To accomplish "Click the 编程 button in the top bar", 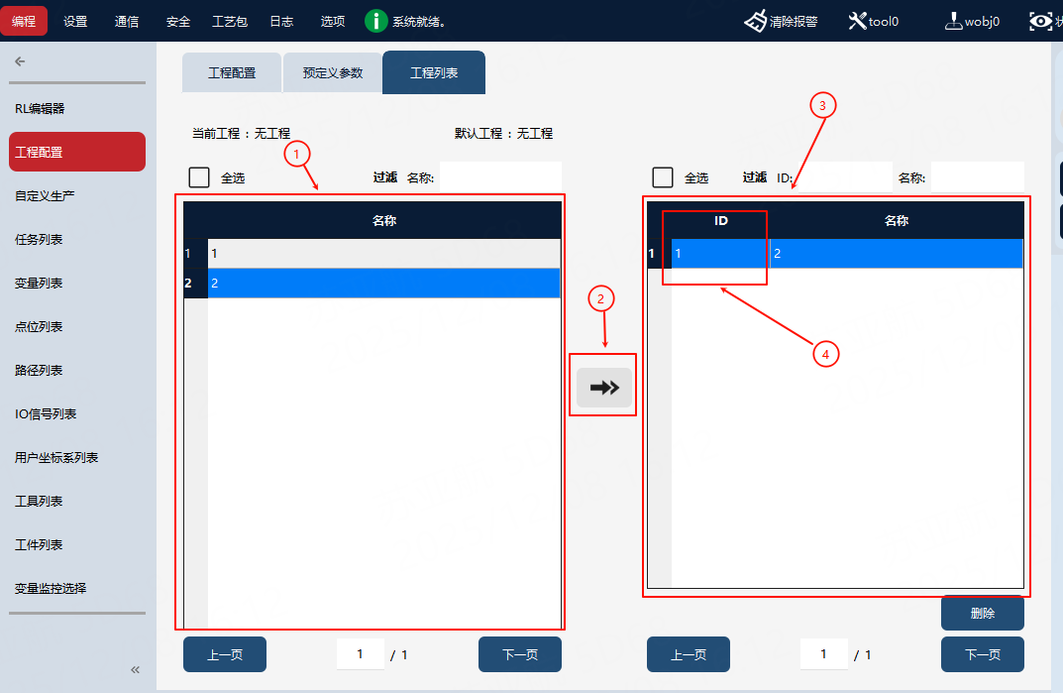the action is [24, 21].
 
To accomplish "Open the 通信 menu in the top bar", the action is [127, 22].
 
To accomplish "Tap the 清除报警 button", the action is [781, 22].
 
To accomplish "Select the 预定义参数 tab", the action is [332, 72].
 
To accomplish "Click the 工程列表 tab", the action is [434, 72].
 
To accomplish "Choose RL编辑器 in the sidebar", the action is [40, 109].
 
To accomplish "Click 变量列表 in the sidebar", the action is [39, 283].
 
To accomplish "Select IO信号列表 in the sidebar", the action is [46, 414].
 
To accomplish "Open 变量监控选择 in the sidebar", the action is [51, 589].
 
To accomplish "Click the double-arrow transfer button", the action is [604, 388].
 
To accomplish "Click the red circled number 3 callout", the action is [822, 105].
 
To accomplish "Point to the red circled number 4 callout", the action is [825, 354].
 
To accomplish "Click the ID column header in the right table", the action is [720, 221].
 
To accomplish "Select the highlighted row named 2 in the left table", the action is [383, 283].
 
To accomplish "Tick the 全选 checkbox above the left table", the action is [199, 177].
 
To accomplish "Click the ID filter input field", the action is [845, 177].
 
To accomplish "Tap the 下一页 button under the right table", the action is [983, 654].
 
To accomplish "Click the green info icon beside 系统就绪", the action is [375, 21].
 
